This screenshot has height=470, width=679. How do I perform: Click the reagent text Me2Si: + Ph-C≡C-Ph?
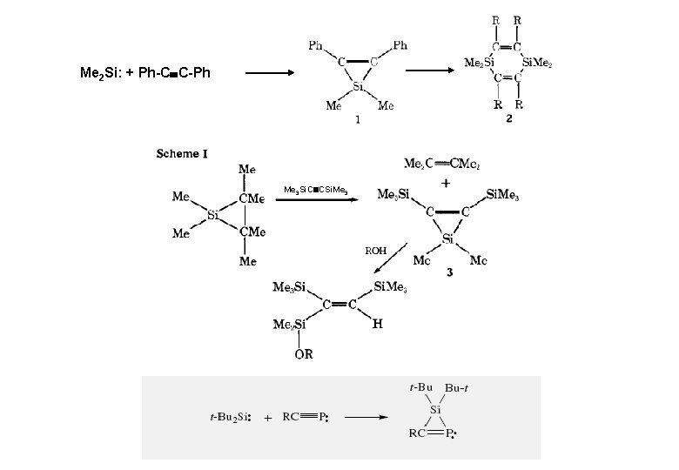pyautogui.click(x=145, y=72)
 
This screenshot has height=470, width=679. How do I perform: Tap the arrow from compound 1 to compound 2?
pyautogui.click(x=435, y=70)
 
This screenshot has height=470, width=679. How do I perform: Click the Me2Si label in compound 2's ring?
pyautogui.click(x=478, y=64)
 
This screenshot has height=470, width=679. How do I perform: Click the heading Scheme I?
pyautogui.click(x=182, y=154)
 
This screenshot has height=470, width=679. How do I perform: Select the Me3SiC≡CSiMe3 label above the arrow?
pyautogui.click(x=317, y=189)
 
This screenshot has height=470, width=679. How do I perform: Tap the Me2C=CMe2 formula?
pyautogui.click(x=446, y=164)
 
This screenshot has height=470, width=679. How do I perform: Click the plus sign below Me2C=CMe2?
pyautogui.click(x=446, y=184)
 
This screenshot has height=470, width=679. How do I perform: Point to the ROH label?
pyautogui.click(x=374, y=251)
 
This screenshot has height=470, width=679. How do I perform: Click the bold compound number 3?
pyautogui.click(x=449, y=272)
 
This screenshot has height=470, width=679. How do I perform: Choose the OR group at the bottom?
pyautogui.click(x=305, y=353)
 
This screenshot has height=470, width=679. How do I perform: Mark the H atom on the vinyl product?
pyautogui.click(x=377, y=324)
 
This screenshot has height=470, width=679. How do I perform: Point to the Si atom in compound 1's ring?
pyautogui.click(x=358, y=87)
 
